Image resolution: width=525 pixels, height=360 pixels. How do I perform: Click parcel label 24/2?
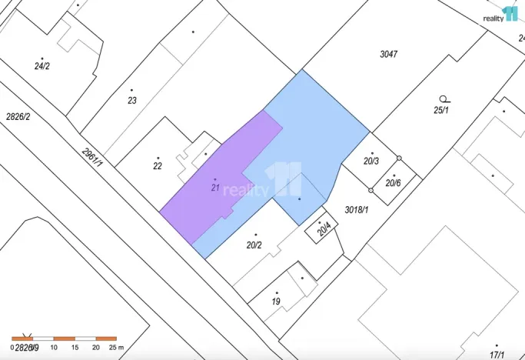tap(42, 66)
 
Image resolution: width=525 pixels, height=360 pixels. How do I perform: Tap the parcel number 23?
tap(132, 100)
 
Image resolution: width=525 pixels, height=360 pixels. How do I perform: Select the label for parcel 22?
tap(158, 166)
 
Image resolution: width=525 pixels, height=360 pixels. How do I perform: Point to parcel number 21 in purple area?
tap(215, 187)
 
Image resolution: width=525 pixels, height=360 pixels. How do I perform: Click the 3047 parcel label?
tap(390, 54)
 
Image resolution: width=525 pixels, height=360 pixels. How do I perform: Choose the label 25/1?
tap(440, 110)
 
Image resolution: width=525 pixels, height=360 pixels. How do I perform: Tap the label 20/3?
tap(371, 161)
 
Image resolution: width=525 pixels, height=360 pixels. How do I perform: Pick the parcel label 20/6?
tap(393, 183)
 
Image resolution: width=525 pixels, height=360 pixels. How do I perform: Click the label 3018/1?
tap(357, 209)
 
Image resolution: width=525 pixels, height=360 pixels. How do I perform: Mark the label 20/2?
tap(254, 245)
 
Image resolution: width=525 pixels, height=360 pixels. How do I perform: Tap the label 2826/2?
tap(18, 117)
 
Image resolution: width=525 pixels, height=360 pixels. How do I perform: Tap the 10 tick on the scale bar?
tap(54, 348)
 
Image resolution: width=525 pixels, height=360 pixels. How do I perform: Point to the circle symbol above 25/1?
tap(443, 98)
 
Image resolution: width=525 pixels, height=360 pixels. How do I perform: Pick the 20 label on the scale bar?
tap(95, 348)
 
